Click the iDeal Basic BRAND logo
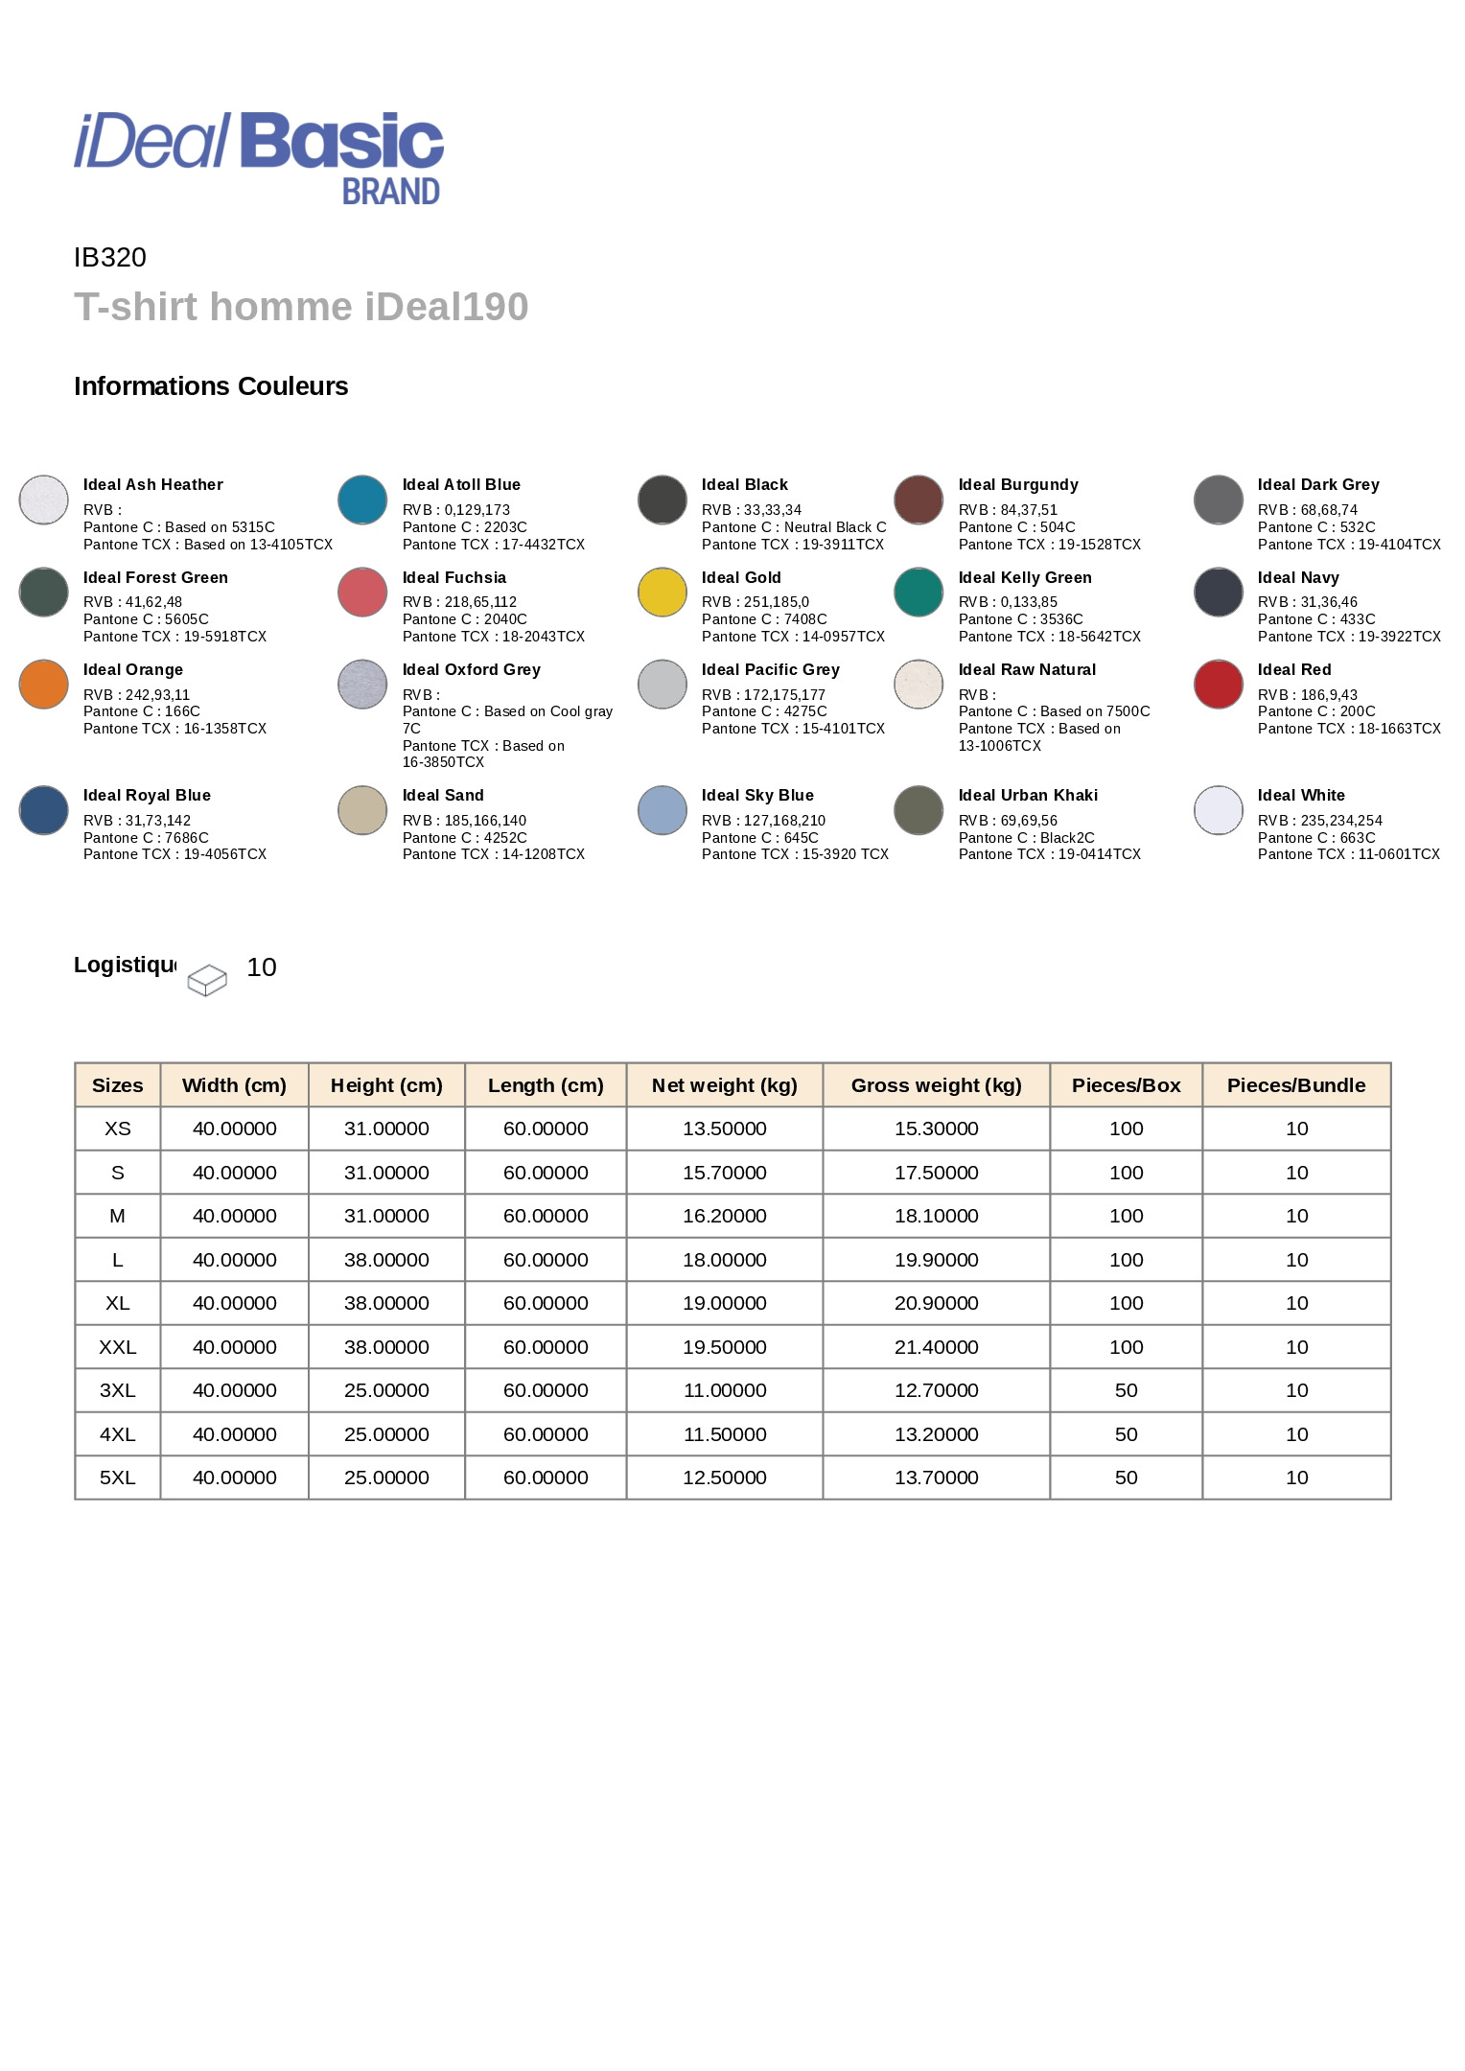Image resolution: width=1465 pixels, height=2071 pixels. (259, 156)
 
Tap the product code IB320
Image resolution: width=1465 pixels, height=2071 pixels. (110, 258)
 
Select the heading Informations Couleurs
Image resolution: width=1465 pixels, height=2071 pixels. (211, 386)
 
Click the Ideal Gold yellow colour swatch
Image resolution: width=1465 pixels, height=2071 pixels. (663, 593)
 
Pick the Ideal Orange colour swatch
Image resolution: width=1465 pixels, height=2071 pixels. (44, 685)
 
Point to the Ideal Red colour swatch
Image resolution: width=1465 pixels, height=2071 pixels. (1219, 685)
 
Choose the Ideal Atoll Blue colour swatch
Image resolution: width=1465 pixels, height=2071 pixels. (362, 500)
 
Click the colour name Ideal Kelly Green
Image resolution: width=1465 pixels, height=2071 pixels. (1025, 578)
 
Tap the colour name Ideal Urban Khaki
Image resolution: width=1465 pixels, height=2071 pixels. (1028, 796)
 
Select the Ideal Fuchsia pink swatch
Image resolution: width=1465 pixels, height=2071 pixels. (362, 593)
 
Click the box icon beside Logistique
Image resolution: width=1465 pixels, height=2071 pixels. (207, 980)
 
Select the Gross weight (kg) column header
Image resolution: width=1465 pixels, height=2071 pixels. (936, 1085)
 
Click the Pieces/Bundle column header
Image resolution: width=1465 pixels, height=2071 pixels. (1296, 1085)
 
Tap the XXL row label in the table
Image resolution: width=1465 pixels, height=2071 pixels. (118, 1347)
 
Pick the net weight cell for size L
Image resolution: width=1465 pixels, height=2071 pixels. (725, 1260)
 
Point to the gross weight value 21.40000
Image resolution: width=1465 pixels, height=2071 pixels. (936, 1347)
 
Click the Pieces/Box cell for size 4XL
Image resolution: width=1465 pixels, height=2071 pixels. (1126, 1434)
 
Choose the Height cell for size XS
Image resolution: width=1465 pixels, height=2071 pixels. (386, 1129)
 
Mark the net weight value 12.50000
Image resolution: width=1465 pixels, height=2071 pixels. (725, 1478)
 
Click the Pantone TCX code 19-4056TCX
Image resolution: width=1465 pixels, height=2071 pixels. (225, 854)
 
